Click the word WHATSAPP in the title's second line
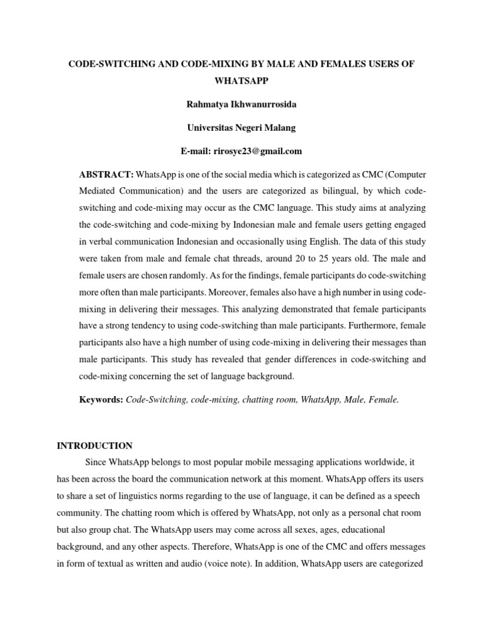pyautogui.click(x=241, y=82)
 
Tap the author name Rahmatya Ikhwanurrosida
pyautogui.click(x=241, y=105)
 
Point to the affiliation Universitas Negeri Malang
pyautogui.click(x=241, y=128)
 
